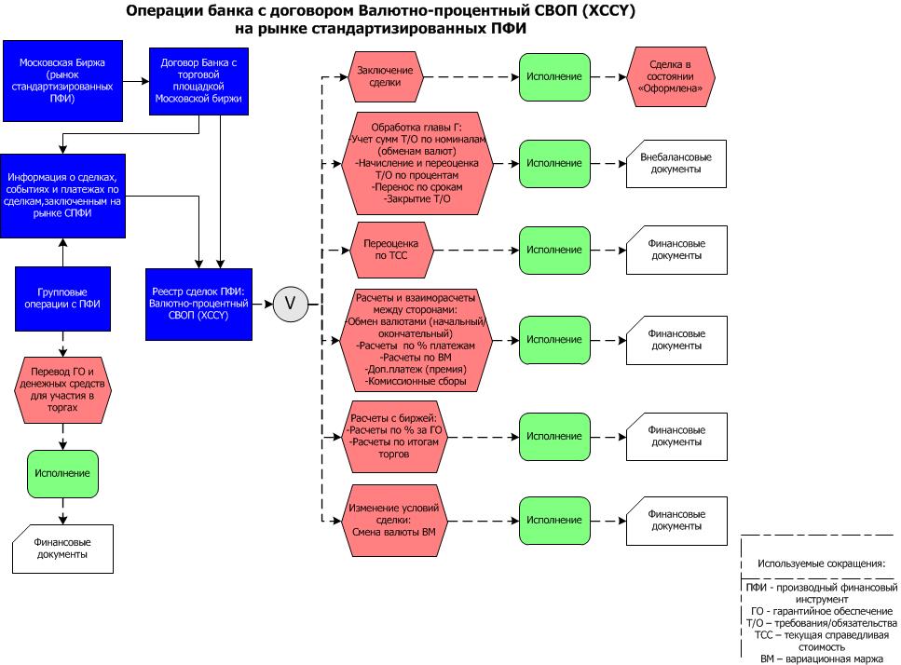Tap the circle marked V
click(290, 304)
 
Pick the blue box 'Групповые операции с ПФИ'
click(63, 298)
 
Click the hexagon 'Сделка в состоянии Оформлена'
click(670, 76)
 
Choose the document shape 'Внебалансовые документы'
click(670, 163)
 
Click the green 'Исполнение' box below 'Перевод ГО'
click(63, 473)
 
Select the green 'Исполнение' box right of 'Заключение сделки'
click(553, 76)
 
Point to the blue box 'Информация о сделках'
click(63, 196)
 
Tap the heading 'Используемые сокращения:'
click(820, 563)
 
